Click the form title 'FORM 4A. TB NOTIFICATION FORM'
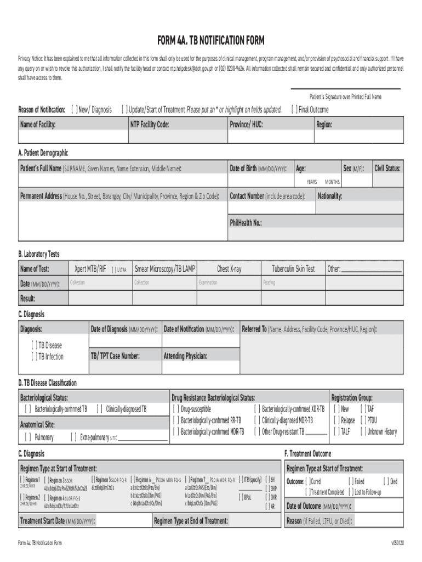(x=211, y=41)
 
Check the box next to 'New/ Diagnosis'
(x=74, y=110)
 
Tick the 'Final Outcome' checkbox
(x=294, y=110)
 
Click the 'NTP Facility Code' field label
(x=149, y=125)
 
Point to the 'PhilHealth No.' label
(x=246, y=223)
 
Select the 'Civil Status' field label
(x=387, y=168)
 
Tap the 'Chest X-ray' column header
(x=229, y=269)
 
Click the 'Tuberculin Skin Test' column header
(x=293, y=269)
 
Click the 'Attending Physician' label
(x=185, y=357)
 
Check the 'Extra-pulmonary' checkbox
(x=74, y=437)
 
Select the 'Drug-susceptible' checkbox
(x=176, y=409)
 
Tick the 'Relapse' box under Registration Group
(x=336, y=420)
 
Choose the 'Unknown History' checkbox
(x=363, y=432)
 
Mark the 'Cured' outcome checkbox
(x=308, y=481)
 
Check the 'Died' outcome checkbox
(x=386, y=481)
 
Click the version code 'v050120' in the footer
(x=397, y=543)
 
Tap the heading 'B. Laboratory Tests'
(x=39, y=254)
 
